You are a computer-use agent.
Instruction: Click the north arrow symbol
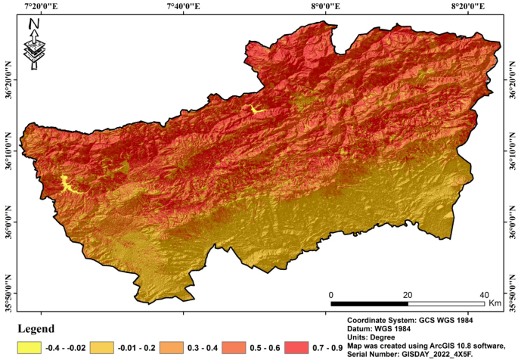pyautogui.click(x=34, y=44)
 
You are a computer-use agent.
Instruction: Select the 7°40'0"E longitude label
pyautogui.click(x=181, y=6)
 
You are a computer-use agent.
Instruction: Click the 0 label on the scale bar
pyautogui.click(x=330, y=294)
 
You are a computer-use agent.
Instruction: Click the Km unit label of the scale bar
pyautogui.click(x=495, y=303)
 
